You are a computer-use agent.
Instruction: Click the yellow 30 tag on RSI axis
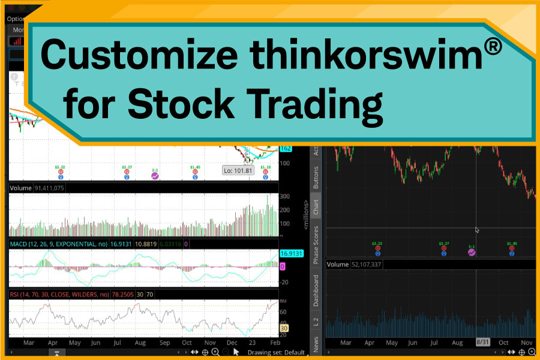(286, 329)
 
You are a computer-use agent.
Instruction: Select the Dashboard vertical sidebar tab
(316, 290)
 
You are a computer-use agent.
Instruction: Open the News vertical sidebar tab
(316, 344)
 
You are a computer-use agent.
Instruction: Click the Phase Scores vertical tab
(316, 245)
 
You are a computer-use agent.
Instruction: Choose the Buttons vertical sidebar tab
(316, 177)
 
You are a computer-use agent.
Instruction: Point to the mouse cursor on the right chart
(477, 229)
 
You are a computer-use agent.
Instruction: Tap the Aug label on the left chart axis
(139, 342)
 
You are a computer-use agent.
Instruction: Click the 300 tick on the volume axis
(284, 197)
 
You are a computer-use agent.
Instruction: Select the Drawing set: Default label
(276, 352)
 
